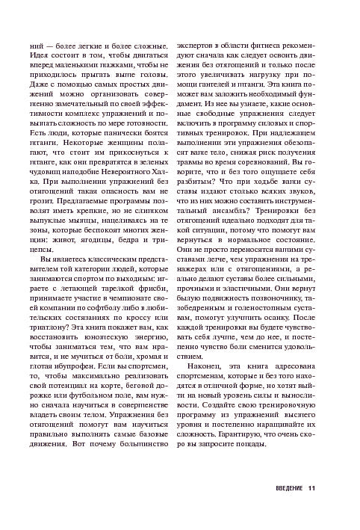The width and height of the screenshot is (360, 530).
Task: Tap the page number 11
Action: click(x=311, y=490)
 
